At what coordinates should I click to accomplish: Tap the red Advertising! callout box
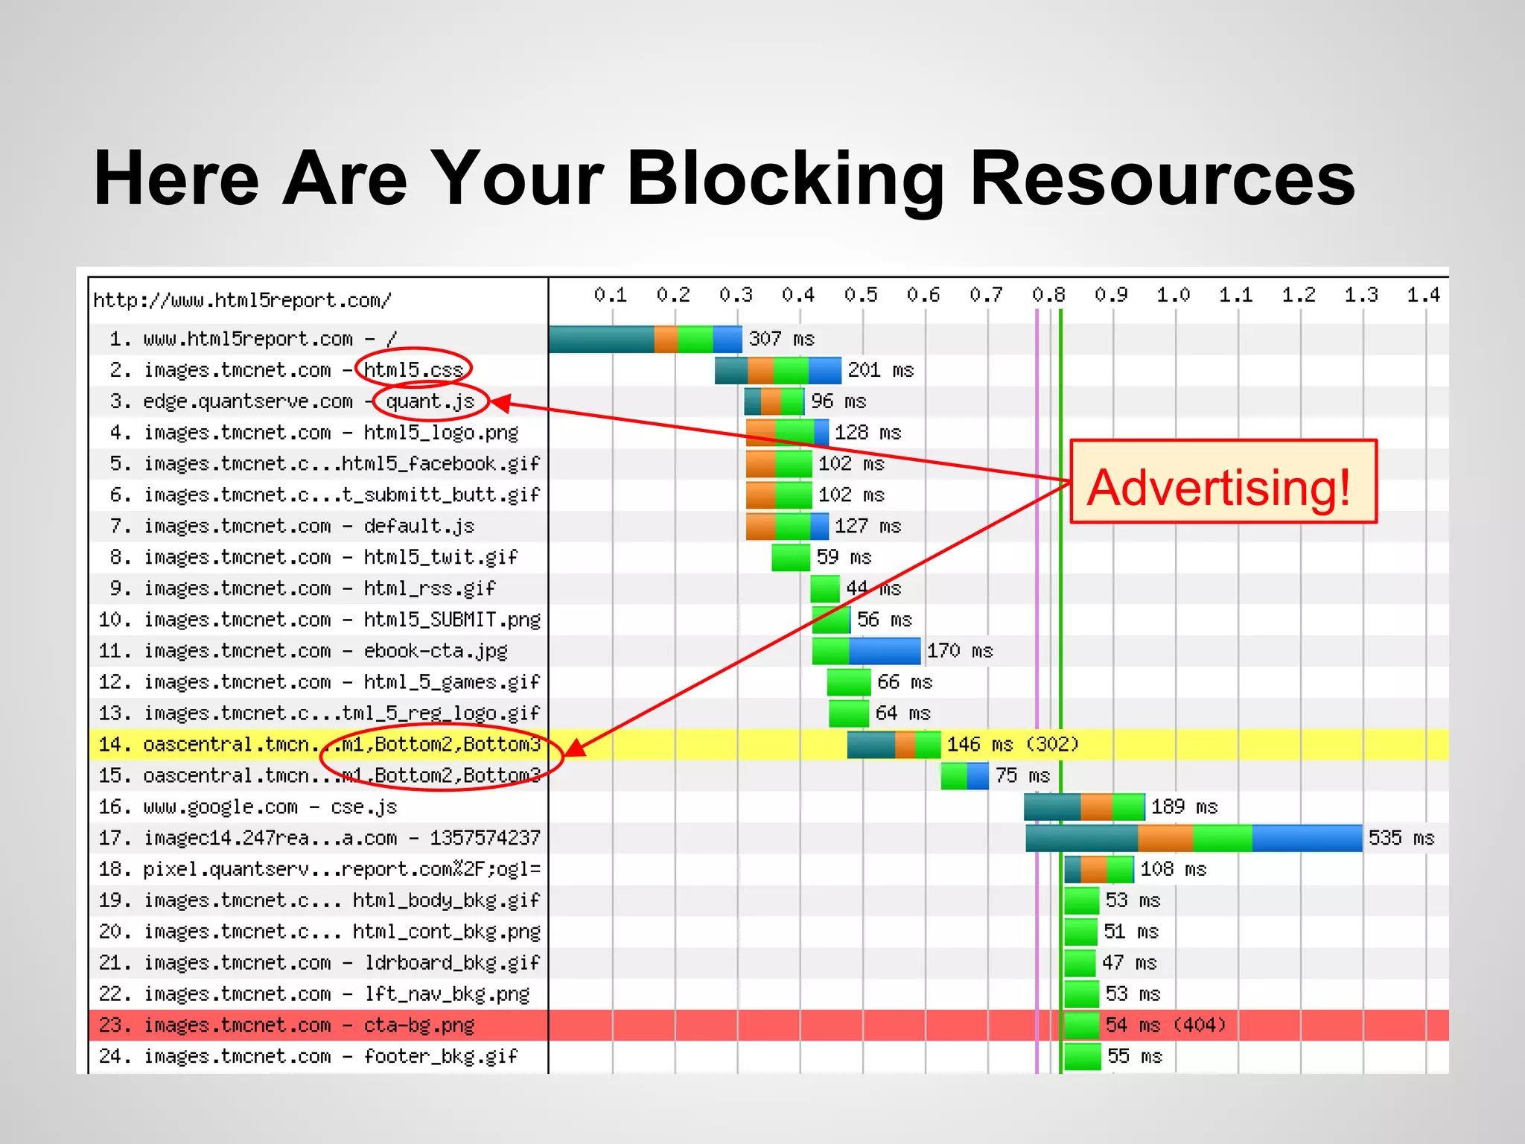[x=1222, y=482]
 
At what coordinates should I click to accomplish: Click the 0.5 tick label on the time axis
[x=860, y=295]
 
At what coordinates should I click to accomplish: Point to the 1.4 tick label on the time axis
[x=1423, y=295]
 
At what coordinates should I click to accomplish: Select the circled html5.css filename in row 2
[x=413, y=369]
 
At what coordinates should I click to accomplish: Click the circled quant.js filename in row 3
[x=430, y=401]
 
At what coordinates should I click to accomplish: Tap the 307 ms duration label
[x=781, y=339]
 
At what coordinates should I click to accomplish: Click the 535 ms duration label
[x=1401, y=838]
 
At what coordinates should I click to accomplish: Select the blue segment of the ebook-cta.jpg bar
[x=885, y=651]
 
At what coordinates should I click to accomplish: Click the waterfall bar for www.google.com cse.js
[x=1083, y=807]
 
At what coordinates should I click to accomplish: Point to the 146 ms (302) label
[x=1012, y=744]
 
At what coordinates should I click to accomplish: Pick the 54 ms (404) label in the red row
[x=1165, y=1026]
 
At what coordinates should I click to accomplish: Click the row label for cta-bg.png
[x=287, y=1026]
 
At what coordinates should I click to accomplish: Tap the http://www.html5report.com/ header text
[x=242, y=300]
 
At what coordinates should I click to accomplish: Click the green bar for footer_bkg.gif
[x=1082, y=1057]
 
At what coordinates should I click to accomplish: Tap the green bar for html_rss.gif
[x=825, y=588]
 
